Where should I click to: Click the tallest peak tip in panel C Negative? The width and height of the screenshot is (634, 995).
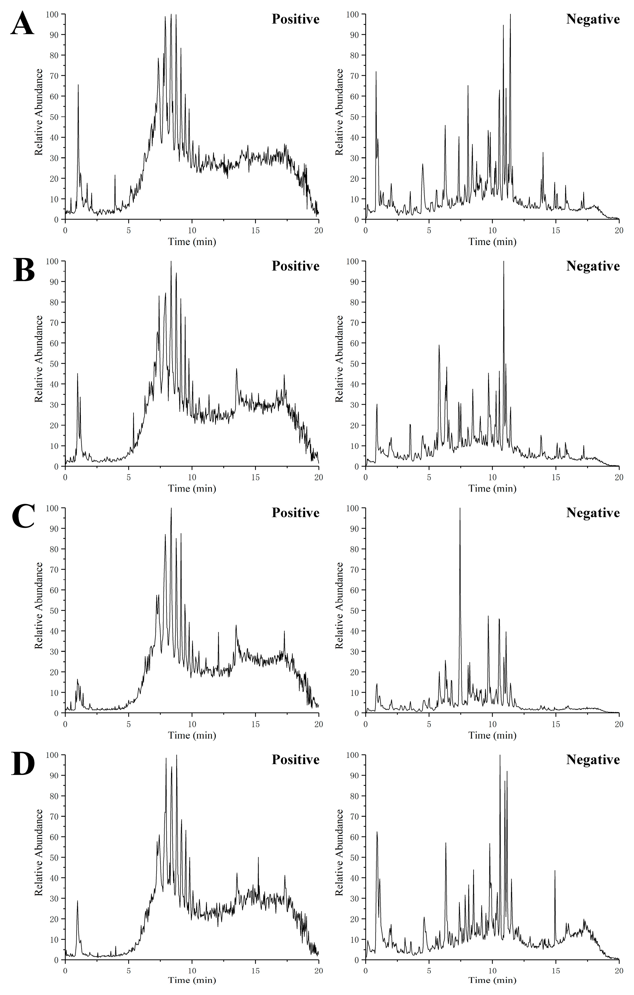coord(460,509)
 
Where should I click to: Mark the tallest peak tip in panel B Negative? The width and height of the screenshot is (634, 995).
coord(504,262)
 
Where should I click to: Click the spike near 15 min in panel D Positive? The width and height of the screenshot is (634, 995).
coord(258,858)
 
